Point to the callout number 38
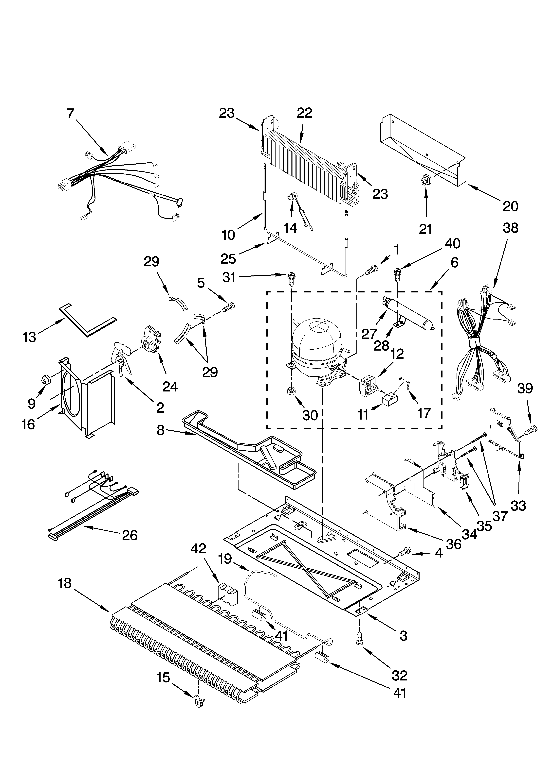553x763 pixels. click(510, 228)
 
